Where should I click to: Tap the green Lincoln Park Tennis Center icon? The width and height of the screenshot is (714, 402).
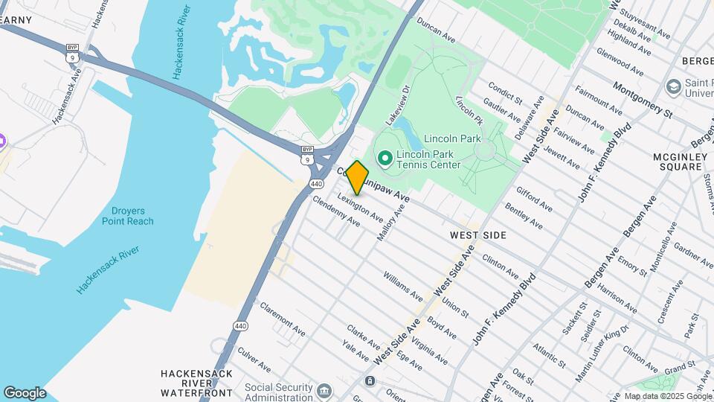[385, 158]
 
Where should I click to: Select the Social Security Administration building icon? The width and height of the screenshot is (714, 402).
[324, 391]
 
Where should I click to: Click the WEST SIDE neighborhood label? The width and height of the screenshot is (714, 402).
[478, 235]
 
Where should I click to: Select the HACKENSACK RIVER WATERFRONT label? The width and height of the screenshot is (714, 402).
[197, 382]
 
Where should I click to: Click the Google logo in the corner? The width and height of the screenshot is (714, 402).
[25, 393]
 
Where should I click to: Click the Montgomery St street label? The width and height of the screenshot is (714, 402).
[643, 100]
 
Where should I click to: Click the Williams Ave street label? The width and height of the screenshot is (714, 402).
[403, 286]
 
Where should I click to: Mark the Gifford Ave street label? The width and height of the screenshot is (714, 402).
[534, 198]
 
